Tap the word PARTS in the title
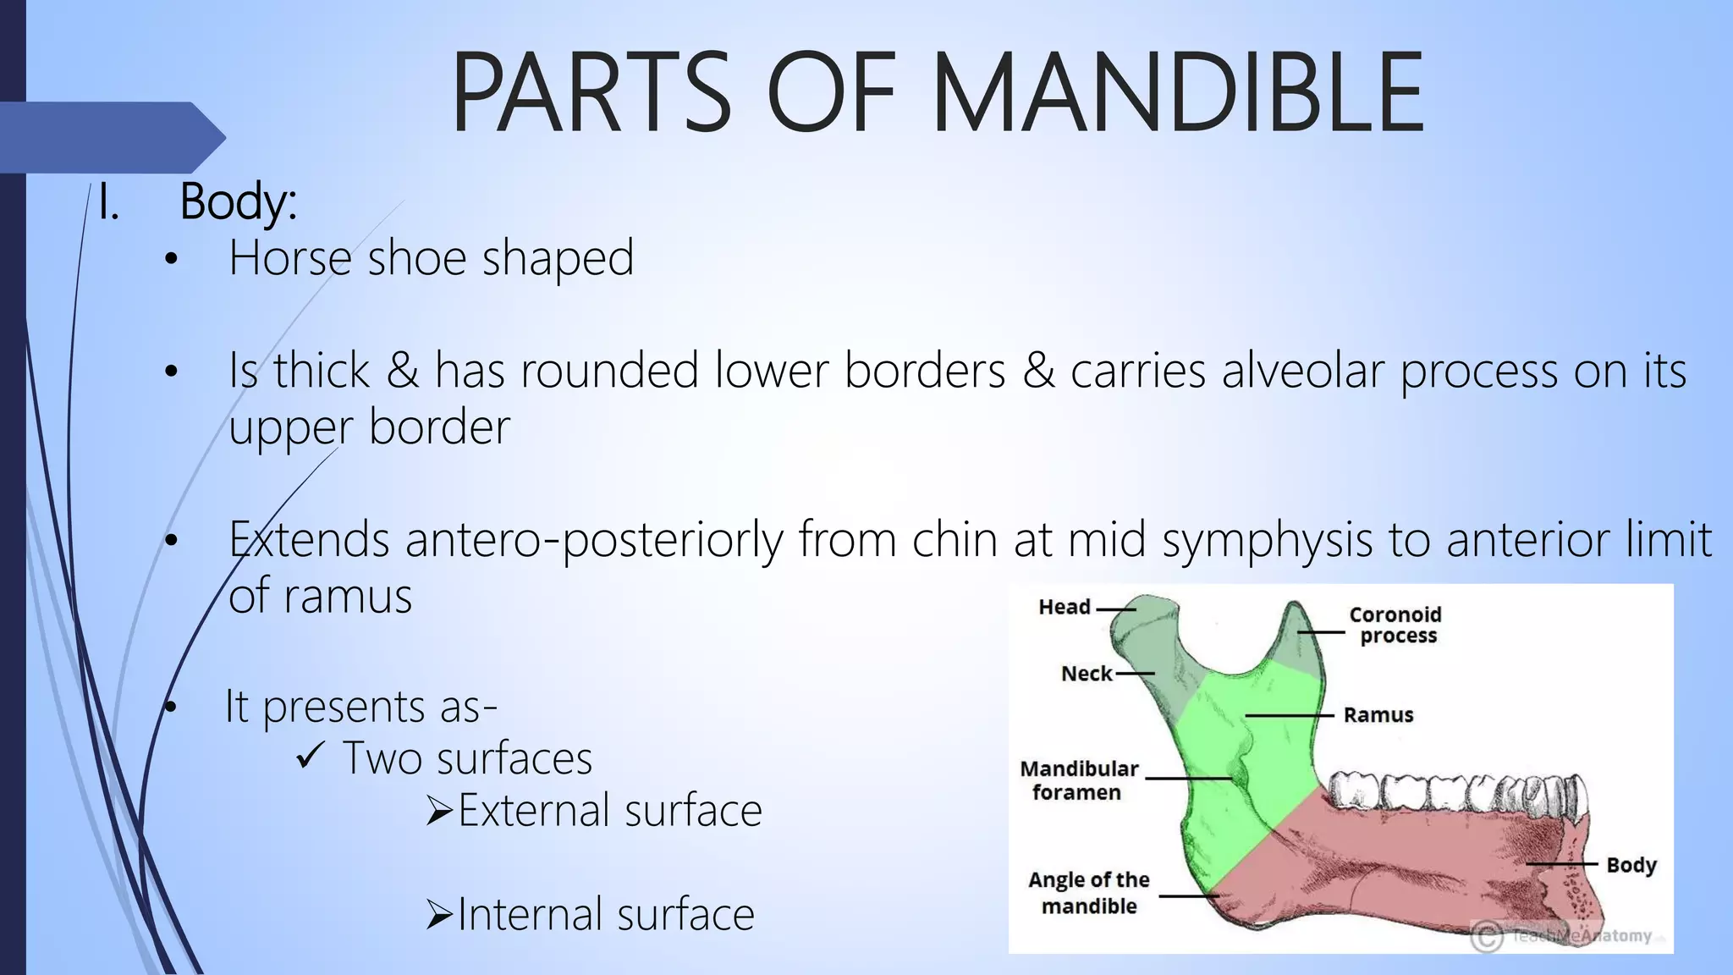point(591,93)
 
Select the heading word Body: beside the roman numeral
point(238,203)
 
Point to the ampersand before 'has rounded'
point(403,371)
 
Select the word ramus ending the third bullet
point(347,597)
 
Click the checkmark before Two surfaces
point(311,755)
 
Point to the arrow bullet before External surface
point(440,811)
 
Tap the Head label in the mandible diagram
point(1065,607)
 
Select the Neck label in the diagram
point(1087,674)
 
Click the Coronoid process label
point(1396,625)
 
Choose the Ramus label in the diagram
point(1378,715)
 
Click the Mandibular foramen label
point(1079,780)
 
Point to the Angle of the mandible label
point(1089,893)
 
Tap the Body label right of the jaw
point(1631,865)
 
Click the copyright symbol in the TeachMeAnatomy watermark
point(1487,936)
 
